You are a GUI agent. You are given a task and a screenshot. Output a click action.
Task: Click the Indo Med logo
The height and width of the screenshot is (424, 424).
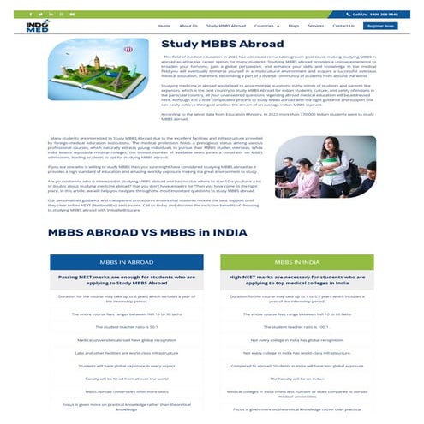point(37,27)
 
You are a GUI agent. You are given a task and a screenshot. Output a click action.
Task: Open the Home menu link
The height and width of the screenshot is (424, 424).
point(164,27)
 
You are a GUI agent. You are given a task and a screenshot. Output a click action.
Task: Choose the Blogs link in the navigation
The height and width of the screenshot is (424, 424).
point(294,27)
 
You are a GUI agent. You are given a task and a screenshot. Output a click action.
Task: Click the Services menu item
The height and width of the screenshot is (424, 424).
point(318,27)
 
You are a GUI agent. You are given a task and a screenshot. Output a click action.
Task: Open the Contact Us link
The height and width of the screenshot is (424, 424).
point(343,27)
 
